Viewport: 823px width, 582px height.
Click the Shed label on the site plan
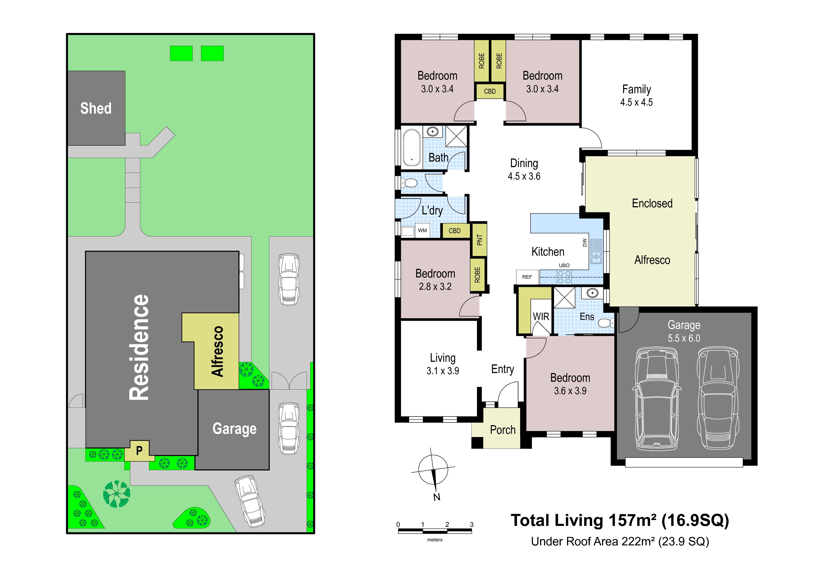96,108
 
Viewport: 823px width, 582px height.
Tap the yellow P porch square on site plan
139,450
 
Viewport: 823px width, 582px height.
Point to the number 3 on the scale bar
472,524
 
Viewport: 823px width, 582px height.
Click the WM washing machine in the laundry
422,231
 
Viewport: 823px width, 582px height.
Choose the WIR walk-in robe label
541,317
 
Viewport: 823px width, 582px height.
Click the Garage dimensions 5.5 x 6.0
684,338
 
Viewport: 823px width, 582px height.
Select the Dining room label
524,164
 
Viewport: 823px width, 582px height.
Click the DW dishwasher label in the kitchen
585,243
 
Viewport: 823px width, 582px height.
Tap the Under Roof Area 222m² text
620,541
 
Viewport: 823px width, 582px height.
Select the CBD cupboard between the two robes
490,91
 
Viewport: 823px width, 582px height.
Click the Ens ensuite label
587,317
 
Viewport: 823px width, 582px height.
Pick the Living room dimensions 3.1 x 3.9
443,371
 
